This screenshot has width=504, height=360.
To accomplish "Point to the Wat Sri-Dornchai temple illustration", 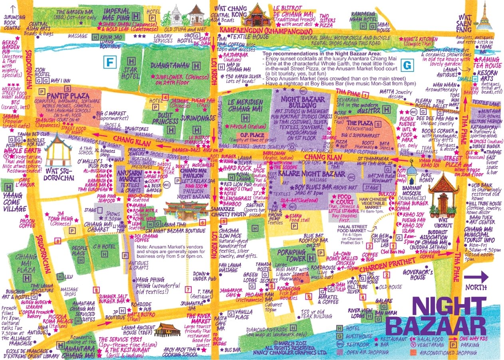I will click(57, 148).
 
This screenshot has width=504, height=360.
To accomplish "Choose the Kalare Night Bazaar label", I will click(318, 174).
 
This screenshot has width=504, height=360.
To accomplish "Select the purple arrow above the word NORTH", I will click(476, 277).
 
